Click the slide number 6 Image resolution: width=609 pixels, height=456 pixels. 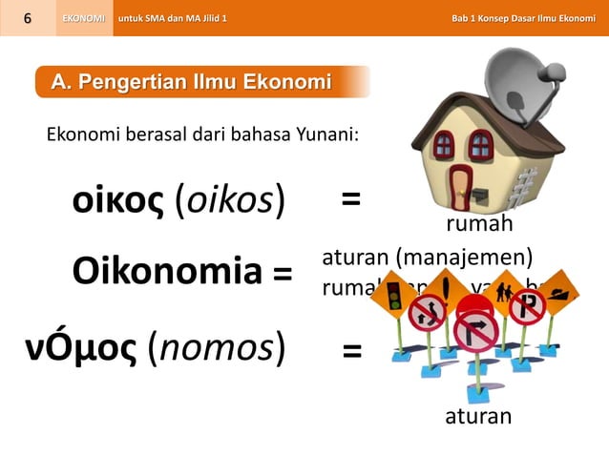[28, 18]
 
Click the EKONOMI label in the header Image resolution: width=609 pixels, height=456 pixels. [84, 18]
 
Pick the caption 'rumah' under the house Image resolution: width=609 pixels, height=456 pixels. [480, 223]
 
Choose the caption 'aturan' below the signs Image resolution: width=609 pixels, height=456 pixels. [478, 417]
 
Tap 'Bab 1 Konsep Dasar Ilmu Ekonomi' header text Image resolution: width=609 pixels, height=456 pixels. [523, 18]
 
